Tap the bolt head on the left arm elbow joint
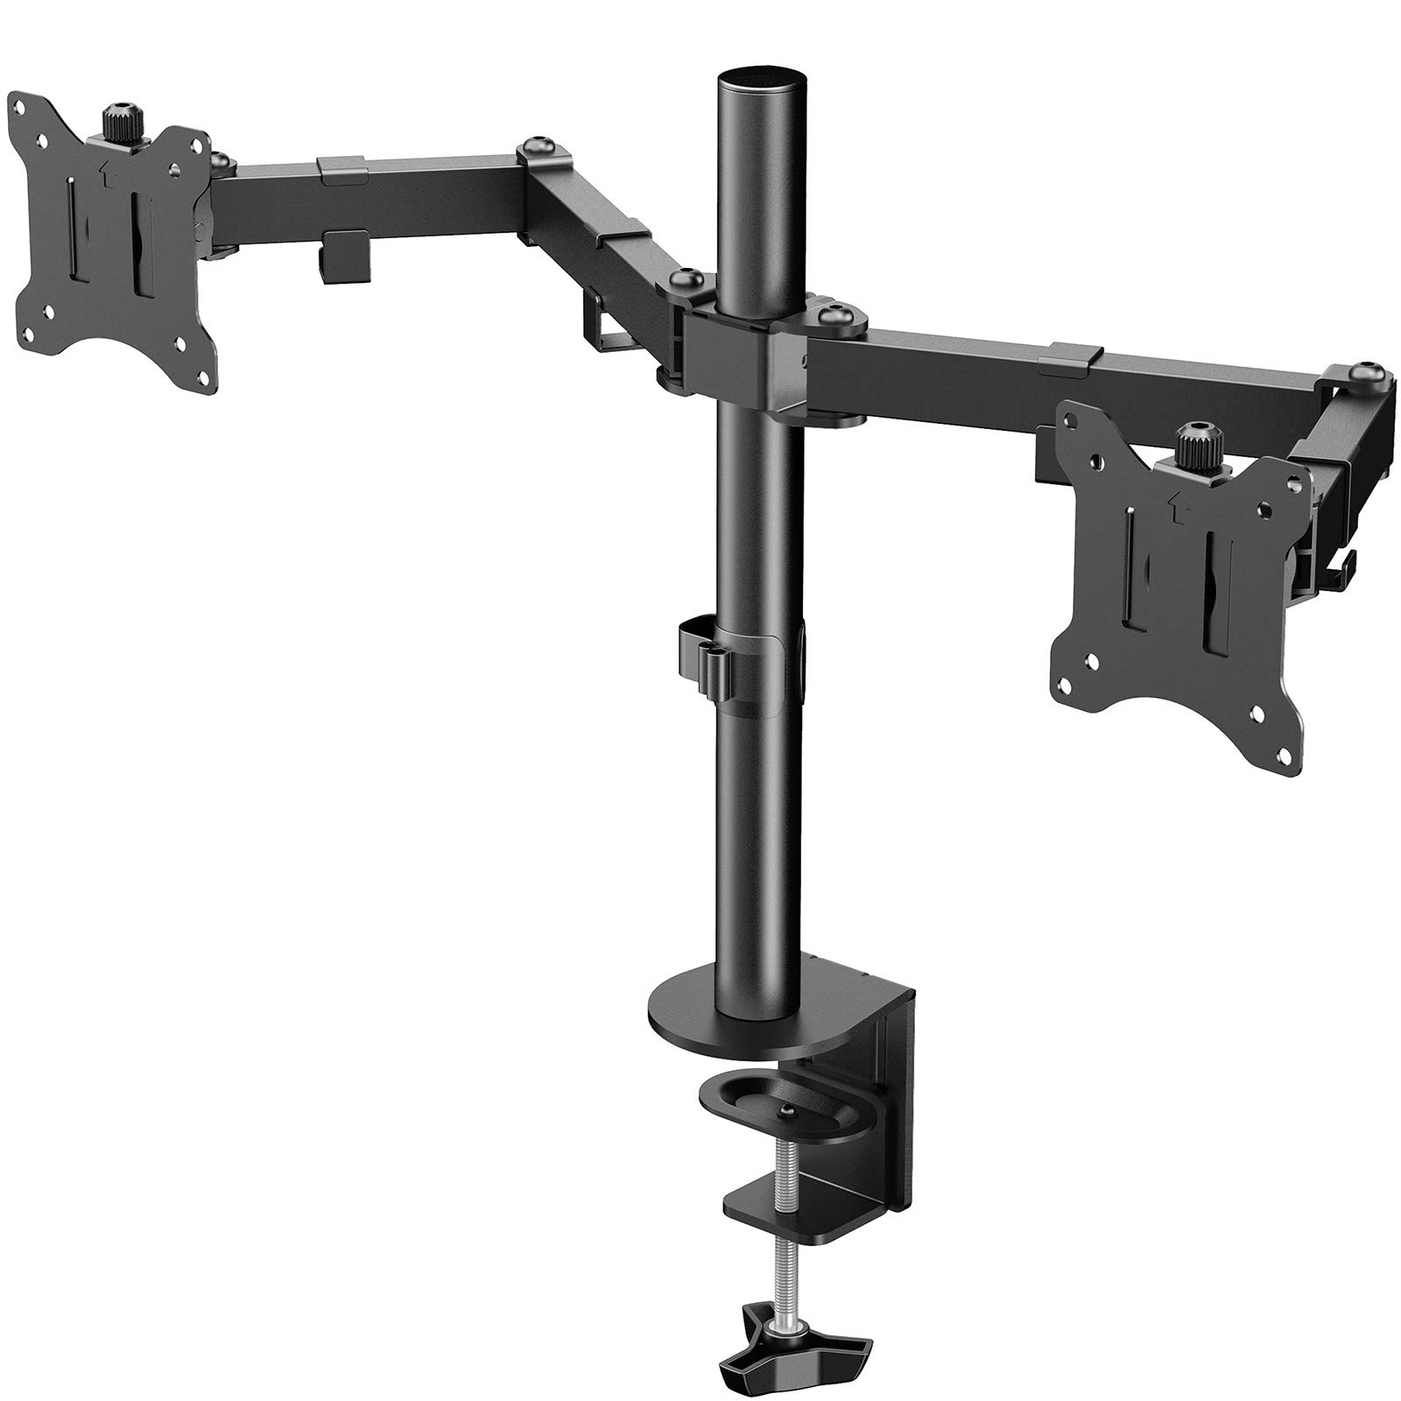(x=538, y=149)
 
